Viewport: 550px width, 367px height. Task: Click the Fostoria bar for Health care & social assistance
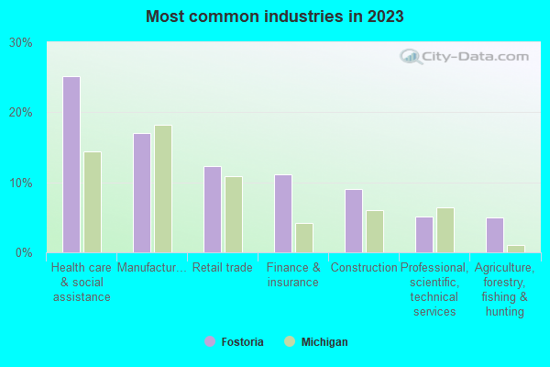click(71, 164)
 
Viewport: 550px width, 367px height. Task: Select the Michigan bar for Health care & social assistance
click(93, 202)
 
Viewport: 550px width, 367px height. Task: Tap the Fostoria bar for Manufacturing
click(142, 193)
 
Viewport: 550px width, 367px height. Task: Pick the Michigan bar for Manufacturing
click(163, 189)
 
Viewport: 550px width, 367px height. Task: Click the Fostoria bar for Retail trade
click(213, 209)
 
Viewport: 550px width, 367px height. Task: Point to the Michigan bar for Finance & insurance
click(304, 238)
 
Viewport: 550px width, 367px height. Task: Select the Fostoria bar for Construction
click(354, 221)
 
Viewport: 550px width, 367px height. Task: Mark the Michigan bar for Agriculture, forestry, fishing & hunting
click(516, 249)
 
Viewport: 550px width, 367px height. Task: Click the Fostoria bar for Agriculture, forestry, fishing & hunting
click(495, 235)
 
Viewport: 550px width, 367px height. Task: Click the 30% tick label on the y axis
click(21, 42)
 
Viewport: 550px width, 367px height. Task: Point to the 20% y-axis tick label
click(21, 112)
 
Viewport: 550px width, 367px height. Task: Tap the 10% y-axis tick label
click(21, 183)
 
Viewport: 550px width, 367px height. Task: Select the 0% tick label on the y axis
click(25, 252)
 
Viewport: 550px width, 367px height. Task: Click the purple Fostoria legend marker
click(210, 341)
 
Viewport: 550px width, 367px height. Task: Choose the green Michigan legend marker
click(290, 341)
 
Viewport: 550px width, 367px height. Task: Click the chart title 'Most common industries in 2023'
click(274, 17)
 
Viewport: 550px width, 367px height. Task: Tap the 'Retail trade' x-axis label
click(222, 268)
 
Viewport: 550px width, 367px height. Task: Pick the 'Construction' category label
click(363, 268)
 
